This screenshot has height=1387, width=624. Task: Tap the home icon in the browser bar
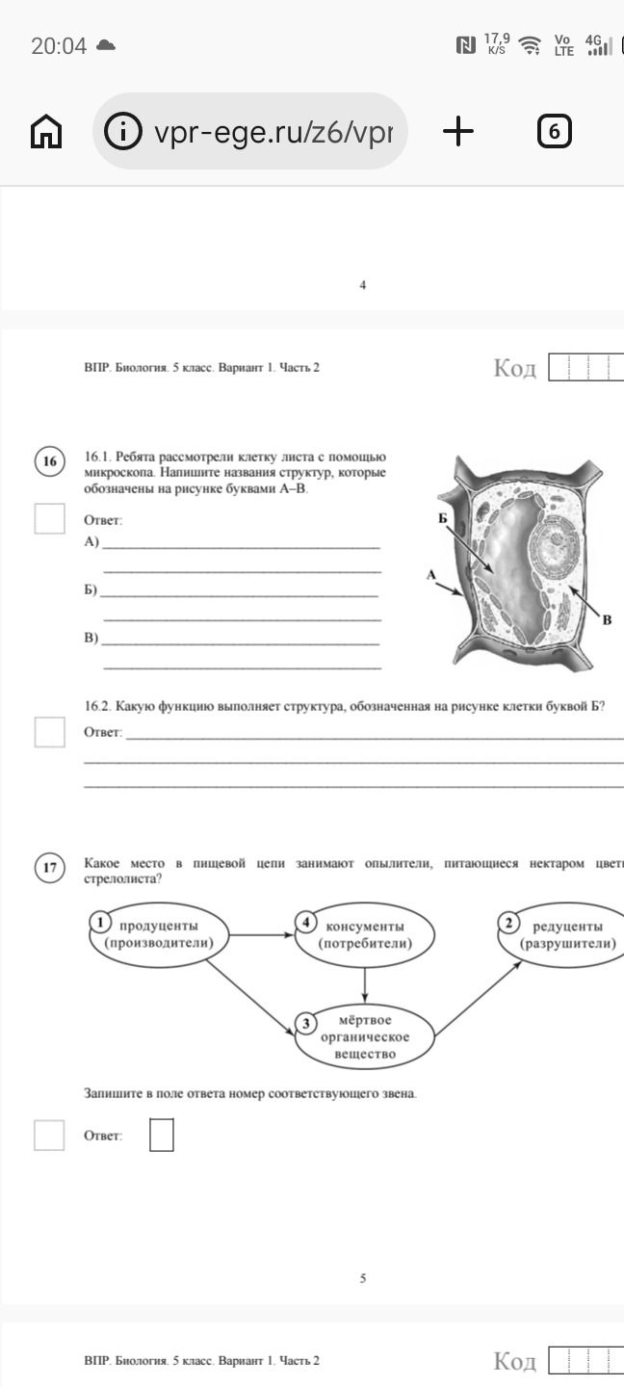[x=46, y=131]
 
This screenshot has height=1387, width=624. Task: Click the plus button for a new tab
[x=458, y=131]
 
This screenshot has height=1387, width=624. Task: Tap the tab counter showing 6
[x=554, y=131]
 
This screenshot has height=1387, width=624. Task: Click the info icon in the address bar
[x=122, y=131]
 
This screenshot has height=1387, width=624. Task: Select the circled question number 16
[x=49, y=461]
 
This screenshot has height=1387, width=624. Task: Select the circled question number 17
[x=49, y=867]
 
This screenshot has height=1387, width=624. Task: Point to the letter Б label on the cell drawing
[x=443, y=518]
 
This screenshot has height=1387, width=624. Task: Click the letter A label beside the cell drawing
[x=431, y=575]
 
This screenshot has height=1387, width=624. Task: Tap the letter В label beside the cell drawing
[x=608, y=619]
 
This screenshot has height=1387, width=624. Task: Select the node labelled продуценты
[x=159, y=934]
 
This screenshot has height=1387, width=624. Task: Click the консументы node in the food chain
[x=365, y=935]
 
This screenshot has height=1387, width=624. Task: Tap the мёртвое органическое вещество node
[x=365, y=1036]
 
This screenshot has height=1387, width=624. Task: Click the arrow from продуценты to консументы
[x=261, y=934]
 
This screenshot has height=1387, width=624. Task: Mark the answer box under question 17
[x=162, y=1135]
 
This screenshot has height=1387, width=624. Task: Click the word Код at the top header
[x=514, y=368]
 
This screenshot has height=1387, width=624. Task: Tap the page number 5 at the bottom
[x=363, y=1277]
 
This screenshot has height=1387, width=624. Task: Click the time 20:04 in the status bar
[x=59, y=46]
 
